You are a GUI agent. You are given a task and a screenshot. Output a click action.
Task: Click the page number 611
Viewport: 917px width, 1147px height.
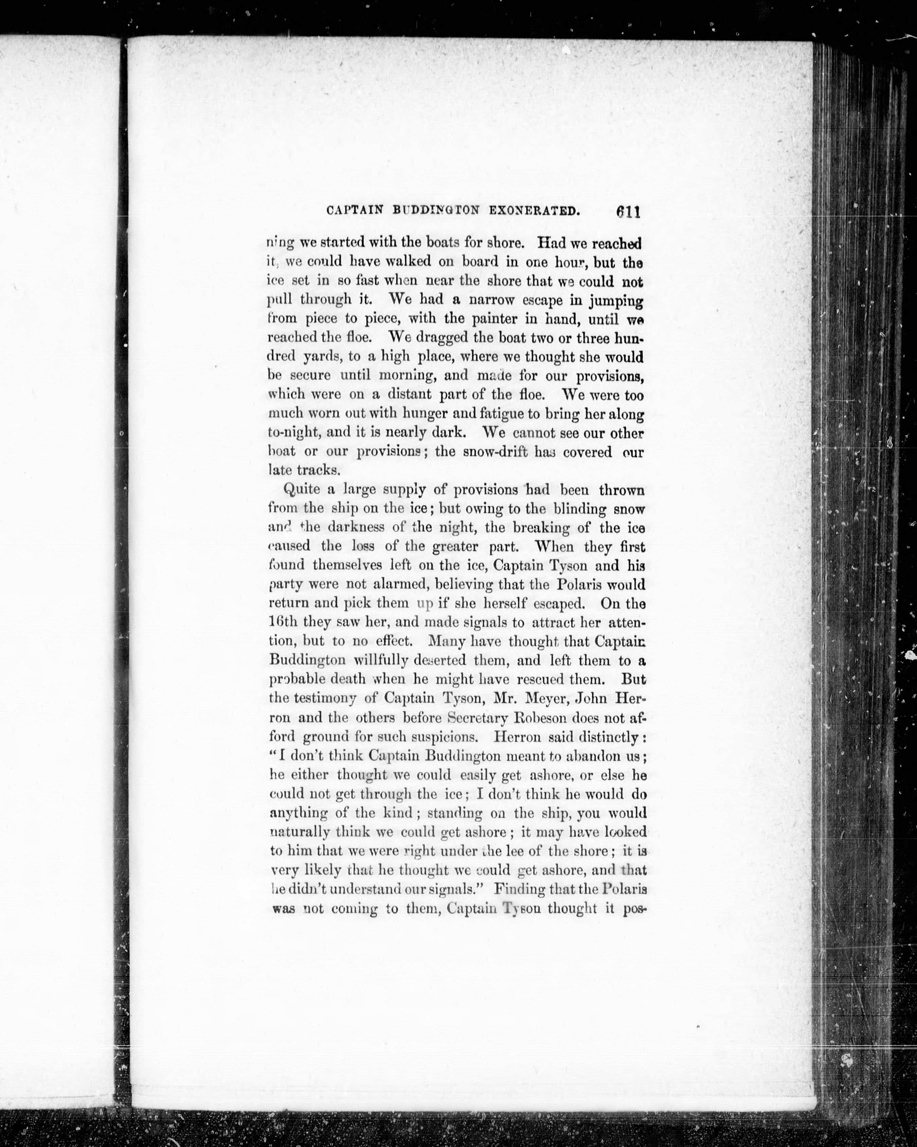(628, 211)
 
